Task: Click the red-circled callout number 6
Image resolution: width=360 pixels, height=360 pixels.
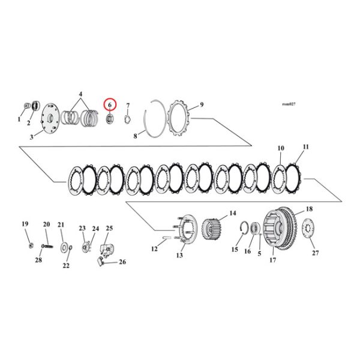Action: pos(110,104)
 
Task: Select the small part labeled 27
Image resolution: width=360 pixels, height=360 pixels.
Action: pos(309,229)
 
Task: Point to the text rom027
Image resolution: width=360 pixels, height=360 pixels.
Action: pos(288,104)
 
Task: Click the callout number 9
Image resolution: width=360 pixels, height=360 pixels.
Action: pos(202,104)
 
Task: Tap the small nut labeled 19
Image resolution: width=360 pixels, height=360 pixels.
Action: pos(30,245)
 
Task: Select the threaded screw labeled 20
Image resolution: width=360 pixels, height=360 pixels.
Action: pos(46,245)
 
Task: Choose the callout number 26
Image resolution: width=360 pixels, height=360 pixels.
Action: pos(122,262)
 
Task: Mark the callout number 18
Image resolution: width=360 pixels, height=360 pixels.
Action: pos(310,209)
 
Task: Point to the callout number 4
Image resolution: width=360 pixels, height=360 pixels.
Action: pos(82,94)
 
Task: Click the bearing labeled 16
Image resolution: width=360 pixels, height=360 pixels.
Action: pos(254,229)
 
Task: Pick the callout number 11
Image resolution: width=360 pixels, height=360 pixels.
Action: pos(306,147)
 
